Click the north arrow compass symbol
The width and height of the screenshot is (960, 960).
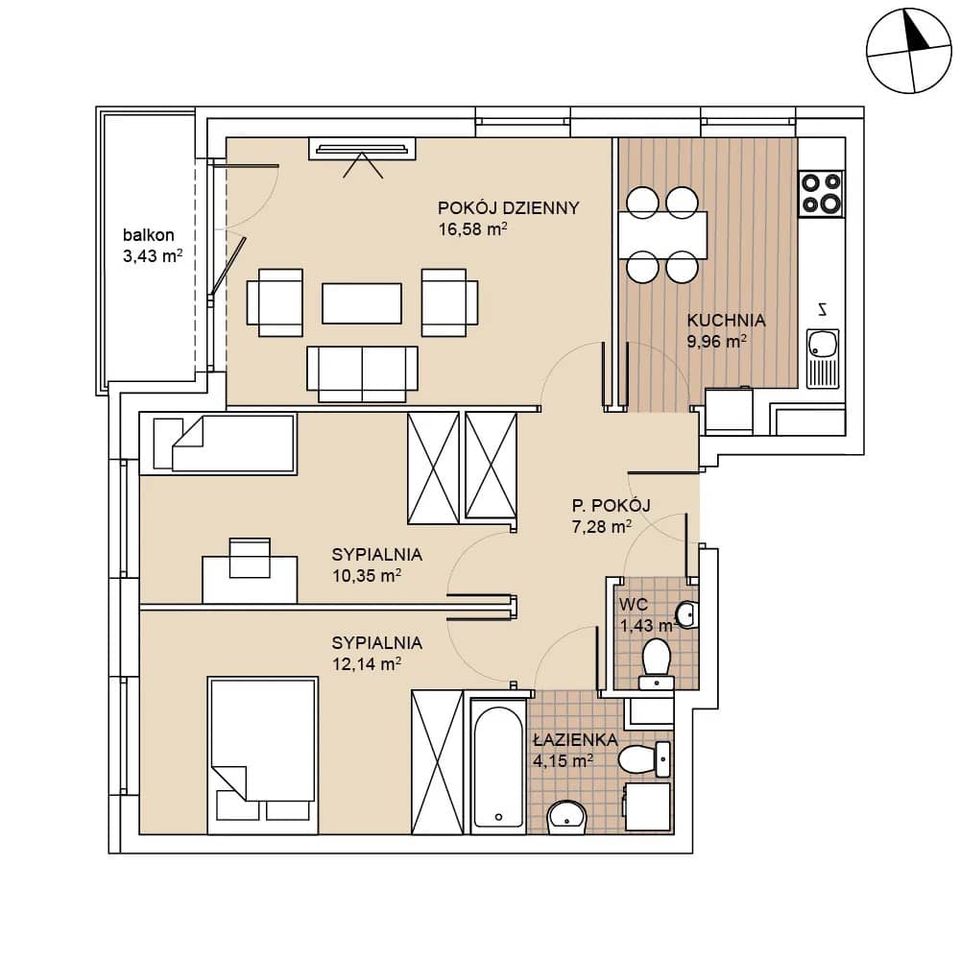909,51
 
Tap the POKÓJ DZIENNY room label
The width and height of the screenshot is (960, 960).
508,208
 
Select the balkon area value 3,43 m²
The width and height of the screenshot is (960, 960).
153,256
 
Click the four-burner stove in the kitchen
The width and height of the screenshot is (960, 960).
822,193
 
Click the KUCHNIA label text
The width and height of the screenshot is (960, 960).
726,321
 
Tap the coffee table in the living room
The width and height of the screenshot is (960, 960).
362,303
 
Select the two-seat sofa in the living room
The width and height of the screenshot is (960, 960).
362,373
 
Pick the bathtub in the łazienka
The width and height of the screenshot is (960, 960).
498,766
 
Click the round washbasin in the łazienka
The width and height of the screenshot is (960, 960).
567,817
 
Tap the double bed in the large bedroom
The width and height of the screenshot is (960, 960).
263,755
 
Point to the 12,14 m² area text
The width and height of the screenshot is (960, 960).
367,663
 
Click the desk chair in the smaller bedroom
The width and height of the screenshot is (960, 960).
250,558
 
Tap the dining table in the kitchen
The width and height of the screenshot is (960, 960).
662,235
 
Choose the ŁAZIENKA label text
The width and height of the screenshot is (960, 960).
575,740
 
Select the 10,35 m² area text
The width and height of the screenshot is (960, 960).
367,575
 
